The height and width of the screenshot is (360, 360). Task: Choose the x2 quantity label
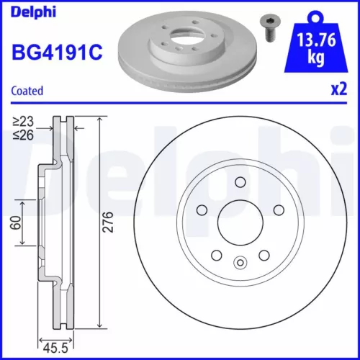click(338, 90)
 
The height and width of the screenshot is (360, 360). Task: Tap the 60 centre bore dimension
click(14, 223)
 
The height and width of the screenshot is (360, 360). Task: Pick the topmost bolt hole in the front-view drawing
click(240, 182)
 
